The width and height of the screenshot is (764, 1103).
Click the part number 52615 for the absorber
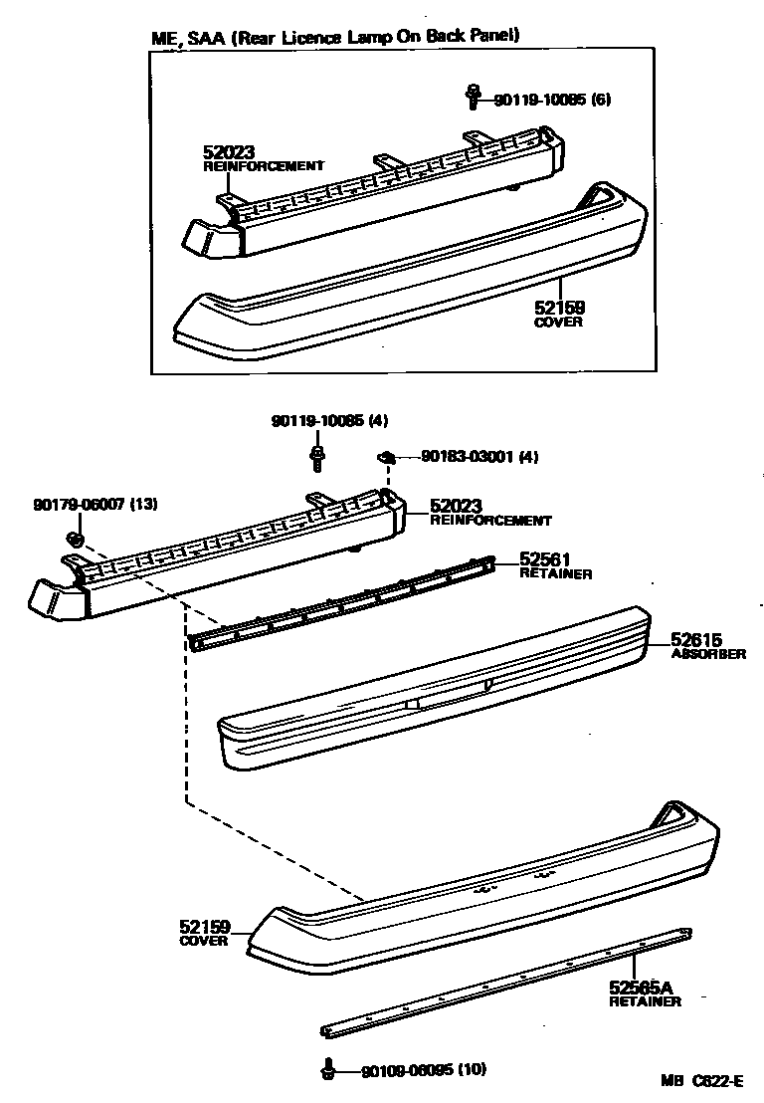695,640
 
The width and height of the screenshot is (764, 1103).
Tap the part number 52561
544,560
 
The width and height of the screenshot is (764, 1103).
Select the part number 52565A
641,988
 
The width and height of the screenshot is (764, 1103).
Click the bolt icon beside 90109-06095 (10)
327,1069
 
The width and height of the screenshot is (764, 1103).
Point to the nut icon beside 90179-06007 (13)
74,540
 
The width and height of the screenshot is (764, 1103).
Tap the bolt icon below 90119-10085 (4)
317,457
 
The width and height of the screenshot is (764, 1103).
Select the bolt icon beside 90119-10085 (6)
472,98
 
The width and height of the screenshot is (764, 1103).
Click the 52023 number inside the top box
229,152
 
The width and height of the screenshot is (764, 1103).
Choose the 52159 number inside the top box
559,310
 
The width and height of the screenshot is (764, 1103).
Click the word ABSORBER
708,655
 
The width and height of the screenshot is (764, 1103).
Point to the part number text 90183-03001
467,457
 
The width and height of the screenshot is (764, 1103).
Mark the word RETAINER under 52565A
646,1001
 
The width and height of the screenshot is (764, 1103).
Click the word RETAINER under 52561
555,574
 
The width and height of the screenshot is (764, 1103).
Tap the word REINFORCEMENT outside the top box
490,521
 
